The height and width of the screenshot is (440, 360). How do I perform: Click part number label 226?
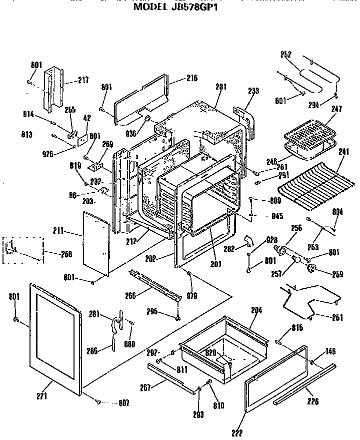coord(313,401)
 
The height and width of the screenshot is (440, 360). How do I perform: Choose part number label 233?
coord(253,91)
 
